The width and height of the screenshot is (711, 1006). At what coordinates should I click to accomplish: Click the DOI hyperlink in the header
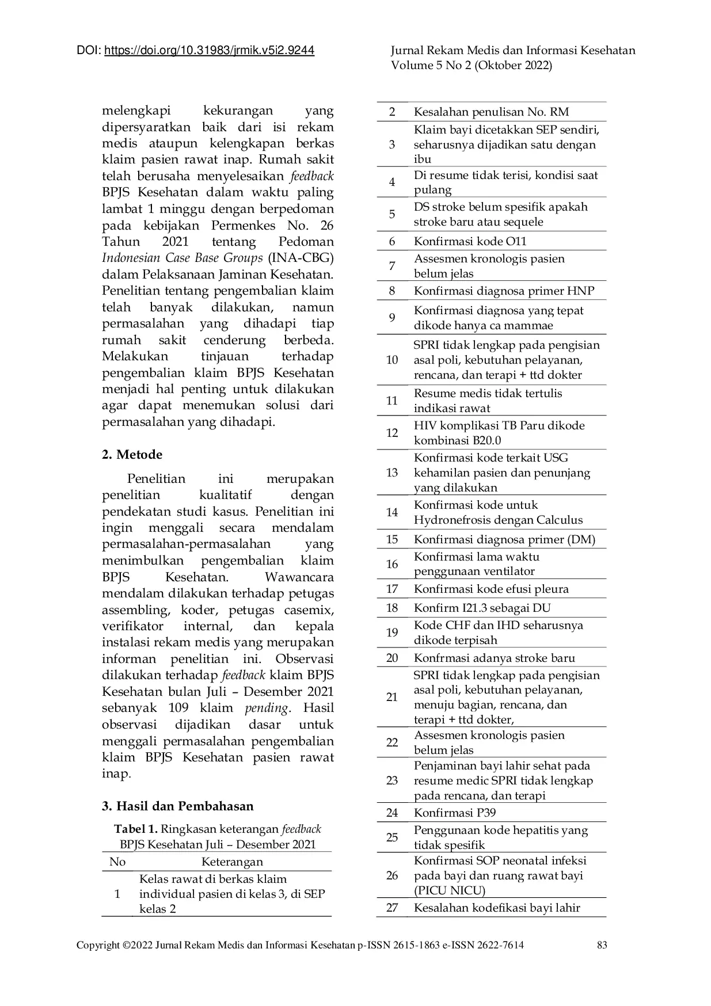tap(209, 51)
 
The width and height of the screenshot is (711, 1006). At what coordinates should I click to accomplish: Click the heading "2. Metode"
tap(132, 455)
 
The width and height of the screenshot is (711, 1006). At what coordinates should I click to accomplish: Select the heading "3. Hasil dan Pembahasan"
tap(177, 806)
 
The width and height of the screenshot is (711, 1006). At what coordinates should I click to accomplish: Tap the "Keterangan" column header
tap(232, 862)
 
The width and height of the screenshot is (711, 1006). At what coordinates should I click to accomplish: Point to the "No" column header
tap(117, 862)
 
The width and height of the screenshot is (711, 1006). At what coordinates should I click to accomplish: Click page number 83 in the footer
tap(602, 944)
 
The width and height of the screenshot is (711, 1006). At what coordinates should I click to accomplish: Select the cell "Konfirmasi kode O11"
tap(470, 241)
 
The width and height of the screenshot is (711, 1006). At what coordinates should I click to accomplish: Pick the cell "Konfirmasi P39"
tap(454, 813)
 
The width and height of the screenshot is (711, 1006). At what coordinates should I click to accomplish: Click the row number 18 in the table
tap(392, 608)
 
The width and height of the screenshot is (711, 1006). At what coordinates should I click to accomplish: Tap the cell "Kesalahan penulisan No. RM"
tap(491, 112)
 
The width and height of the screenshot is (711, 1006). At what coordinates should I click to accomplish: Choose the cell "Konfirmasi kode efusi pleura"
tap(491, 589)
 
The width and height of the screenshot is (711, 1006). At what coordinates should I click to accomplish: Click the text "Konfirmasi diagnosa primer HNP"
tap(504, 291)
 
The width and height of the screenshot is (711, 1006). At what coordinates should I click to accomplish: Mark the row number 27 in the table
tap(392, 908)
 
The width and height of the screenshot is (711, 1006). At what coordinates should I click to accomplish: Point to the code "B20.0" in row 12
tap(487, 441)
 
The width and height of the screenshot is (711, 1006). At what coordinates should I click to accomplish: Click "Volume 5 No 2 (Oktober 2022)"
tap(472, 65)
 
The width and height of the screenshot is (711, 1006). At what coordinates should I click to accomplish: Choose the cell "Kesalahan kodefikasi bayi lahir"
tap(497, 908)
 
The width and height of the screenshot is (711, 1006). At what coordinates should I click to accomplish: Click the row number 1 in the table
tap(117, 894)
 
